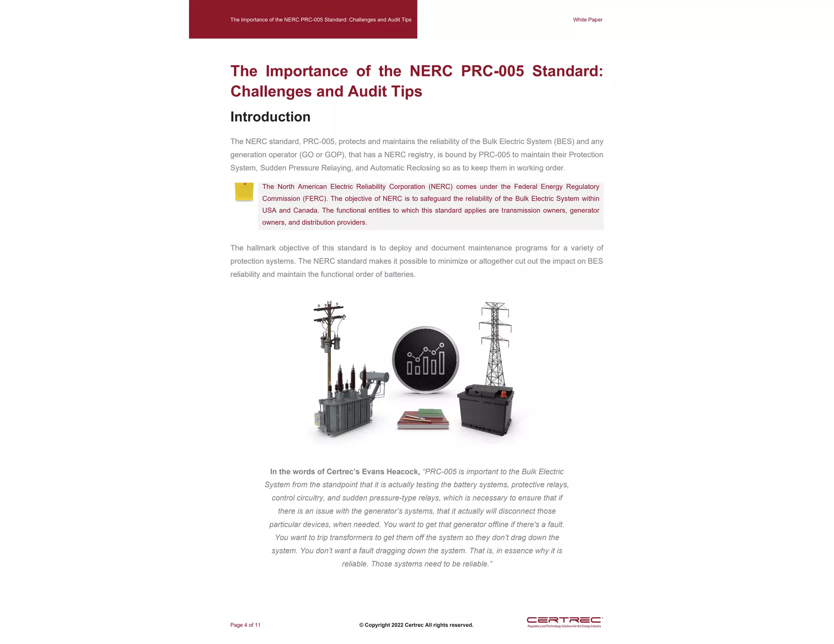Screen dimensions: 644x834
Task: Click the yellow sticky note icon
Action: tap(244, 192)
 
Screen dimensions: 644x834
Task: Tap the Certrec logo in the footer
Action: tap(564, 622)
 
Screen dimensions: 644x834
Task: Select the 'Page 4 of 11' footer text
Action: tap(245, 625)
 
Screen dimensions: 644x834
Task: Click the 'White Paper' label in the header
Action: tap(587, 20)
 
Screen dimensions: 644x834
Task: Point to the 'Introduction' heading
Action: tap(270, 117)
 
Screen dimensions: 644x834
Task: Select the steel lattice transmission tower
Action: tap(495, 342)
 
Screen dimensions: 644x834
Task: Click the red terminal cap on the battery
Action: tap(503, 394)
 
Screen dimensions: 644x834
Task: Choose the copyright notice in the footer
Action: tap(416, 625)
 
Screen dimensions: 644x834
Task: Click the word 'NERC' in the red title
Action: tap(431, 71)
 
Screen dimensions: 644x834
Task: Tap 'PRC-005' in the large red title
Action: tap(492, 71)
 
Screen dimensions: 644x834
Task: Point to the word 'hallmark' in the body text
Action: tap(263, 248)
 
